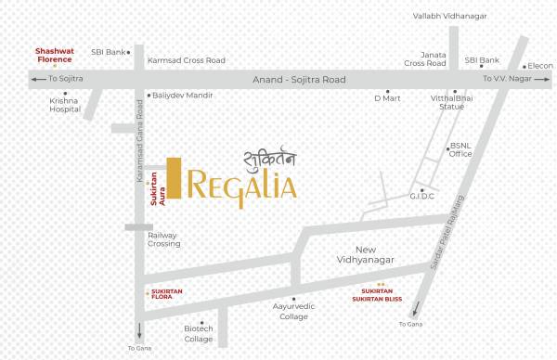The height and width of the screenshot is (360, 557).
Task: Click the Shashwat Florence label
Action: tap(55, 54)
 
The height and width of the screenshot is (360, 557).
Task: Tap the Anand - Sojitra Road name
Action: tap(299, 81)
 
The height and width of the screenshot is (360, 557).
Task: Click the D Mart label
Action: tap(386, 96)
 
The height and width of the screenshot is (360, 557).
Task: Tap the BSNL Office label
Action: tap(460, 149)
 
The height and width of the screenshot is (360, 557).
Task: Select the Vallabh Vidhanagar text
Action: tap(455, 16)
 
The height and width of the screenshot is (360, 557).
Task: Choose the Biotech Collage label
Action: tap(199, 334)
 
